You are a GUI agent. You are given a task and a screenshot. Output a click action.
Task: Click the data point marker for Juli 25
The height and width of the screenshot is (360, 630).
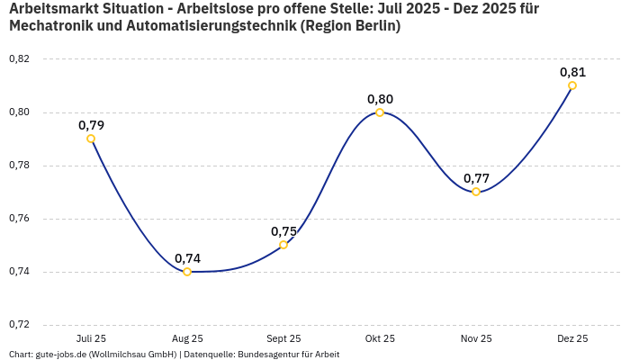coord(91,139)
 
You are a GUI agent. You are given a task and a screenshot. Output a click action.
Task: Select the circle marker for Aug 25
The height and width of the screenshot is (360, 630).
coord(187,272)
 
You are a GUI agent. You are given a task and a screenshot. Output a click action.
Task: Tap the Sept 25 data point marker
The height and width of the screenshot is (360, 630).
coord(283,245)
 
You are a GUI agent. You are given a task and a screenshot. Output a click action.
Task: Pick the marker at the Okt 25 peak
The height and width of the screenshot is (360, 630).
coord(380,112)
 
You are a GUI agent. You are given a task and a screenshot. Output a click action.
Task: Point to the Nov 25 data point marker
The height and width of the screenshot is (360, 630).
coord(476,192)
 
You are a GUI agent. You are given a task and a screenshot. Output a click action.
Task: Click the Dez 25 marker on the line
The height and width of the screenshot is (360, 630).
coord(572,85)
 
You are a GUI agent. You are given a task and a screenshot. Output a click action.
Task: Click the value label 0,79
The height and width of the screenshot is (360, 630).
coord(91,125)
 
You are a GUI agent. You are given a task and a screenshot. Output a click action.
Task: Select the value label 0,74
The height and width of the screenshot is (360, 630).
coord(187,258)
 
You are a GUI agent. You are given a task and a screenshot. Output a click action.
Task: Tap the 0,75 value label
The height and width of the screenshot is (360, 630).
coord(283,231)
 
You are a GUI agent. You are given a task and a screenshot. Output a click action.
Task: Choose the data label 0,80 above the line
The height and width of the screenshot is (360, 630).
coord(380,99)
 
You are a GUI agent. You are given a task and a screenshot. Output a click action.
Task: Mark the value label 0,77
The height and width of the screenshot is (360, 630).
coord(476,178)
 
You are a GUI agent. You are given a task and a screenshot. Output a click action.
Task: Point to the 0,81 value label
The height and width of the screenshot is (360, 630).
coord(572,72)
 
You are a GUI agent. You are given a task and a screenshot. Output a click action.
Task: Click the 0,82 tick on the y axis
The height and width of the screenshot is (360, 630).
coord(19,59)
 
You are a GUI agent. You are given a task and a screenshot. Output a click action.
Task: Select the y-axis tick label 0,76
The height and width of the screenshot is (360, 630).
coord(19,219)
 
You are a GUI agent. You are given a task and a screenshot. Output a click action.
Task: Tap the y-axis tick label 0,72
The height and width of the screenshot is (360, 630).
coord(19,325)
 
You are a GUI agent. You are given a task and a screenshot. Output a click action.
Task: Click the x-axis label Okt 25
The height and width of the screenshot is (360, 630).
coord(380,338)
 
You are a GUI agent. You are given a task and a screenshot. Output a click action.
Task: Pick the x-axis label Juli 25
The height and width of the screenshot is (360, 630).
coord(91,338)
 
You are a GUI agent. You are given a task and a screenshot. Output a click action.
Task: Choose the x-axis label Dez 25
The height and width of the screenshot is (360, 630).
coord(572,338)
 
